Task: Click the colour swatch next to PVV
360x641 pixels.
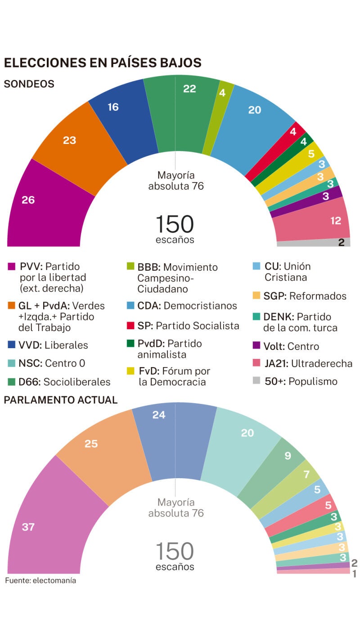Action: coord(12,267)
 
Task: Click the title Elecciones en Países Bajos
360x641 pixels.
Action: coord(103,63)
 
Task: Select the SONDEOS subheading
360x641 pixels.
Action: coord(29,84)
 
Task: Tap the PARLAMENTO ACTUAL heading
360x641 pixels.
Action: coord(61,400)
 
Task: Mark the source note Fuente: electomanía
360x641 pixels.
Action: coord(40,581)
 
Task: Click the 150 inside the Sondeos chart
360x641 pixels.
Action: coord(175,224)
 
